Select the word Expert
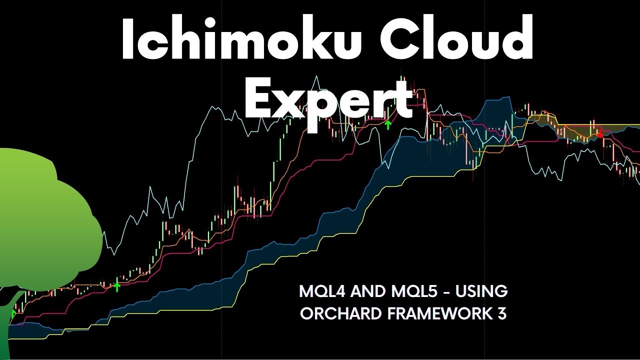(327, 99)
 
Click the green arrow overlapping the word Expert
(387, 124)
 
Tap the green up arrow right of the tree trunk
(117, 286)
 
